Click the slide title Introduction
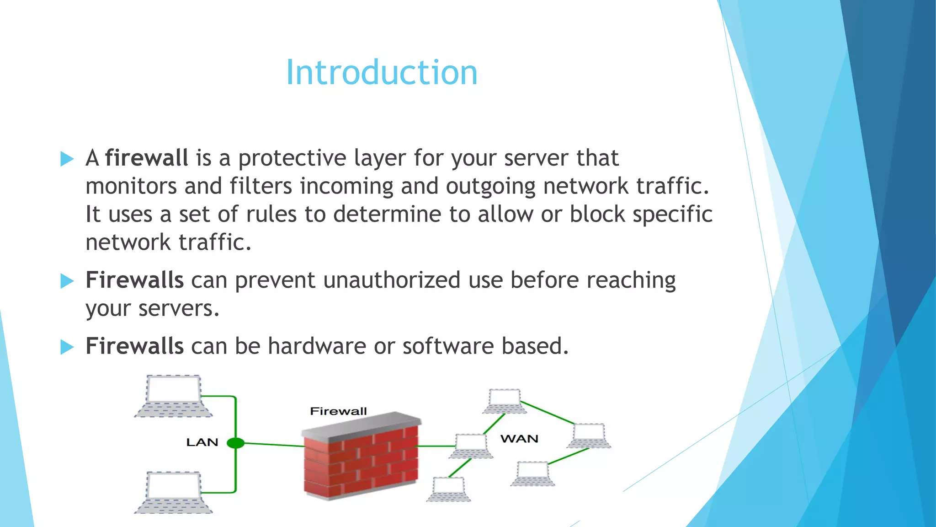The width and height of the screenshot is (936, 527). point(382,73)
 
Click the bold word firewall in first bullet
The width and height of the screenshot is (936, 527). point(146,158)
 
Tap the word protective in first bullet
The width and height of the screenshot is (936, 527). point(292,158)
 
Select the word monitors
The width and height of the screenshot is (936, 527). point(131,186)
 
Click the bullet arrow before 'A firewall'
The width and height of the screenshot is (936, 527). point(67,159)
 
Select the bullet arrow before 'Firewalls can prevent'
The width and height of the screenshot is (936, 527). point(67,281)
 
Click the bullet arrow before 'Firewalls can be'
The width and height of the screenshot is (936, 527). point(67,347)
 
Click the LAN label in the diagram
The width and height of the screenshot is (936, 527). point(202,442)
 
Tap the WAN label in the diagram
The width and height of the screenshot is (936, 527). point(519,439)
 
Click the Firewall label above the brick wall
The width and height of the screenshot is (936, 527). point(338,411)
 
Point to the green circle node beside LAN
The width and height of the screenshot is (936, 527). point(235,443)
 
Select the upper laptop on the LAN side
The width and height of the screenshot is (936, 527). point(173,396)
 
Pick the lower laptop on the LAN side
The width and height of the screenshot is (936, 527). point(173,493)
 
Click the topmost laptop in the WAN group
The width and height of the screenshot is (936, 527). point(505,401)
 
